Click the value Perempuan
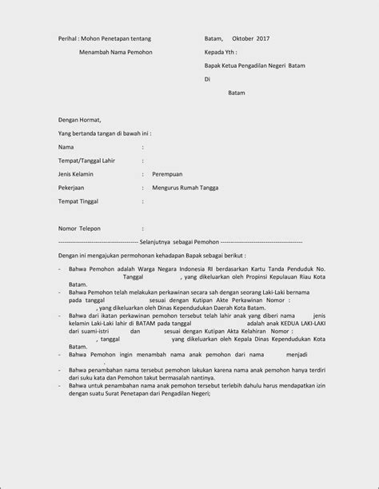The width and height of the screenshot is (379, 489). click(169, 173)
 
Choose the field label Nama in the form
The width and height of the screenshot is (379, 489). click(66, 147)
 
